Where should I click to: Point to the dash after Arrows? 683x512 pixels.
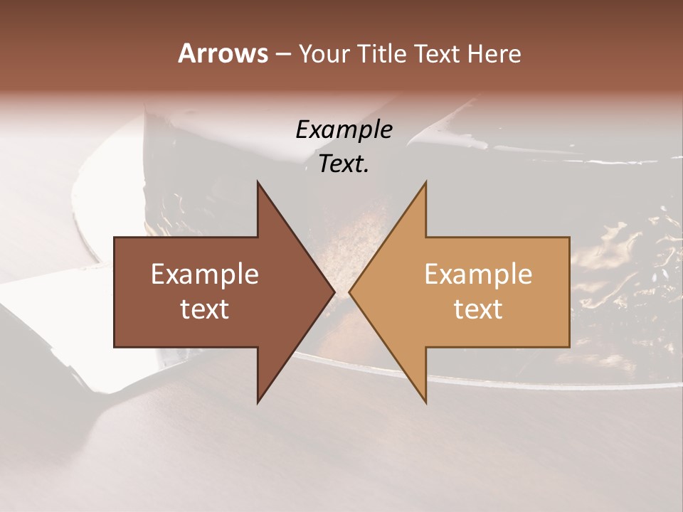[x=282, y=54]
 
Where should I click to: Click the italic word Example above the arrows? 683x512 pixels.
[x=344, y=129]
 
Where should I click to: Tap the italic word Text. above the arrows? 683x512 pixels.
[x=344, y=164]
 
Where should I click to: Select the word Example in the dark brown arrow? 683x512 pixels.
[x=205, y=274]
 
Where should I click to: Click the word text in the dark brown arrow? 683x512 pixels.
[x=205, y=309]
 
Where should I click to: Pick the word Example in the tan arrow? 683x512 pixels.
[x=478, y=274]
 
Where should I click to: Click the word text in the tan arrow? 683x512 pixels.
[x=478, y=309]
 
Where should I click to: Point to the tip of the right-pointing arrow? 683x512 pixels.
[x=334, y=292]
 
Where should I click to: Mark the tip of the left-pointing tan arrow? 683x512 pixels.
[x=349, y=292]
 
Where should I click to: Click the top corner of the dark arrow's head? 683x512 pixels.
[x=258, y=182]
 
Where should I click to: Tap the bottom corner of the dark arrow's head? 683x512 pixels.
[x=258, y=402]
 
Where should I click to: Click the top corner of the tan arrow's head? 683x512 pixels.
[x=425, y=182]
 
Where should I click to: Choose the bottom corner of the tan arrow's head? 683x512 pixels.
[x=425, y=402]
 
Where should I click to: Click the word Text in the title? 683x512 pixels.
[x=438, y=53]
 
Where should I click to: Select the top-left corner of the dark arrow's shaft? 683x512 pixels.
[x=115, y=238]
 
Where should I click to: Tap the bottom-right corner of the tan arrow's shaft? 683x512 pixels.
[x=569, y=347]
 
